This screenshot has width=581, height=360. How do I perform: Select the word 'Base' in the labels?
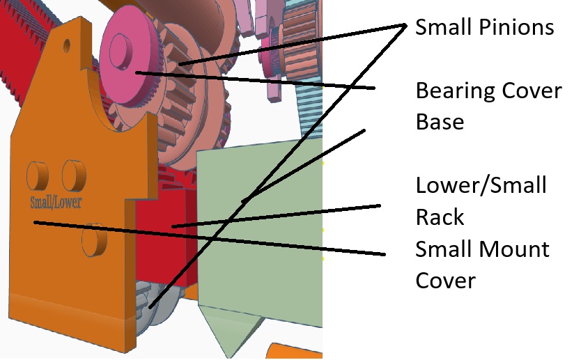(x=440, y=122)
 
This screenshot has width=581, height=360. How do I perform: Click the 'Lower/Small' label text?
(x=481, y=186)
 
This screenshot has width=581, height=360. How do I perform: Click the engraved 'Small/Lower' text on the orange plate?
(x=56, y=203)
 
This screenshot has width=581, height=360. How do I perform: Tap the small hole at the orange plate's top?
(x=66, y=46)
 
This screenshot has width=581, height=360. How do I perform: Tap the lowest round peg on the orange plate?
(x=93, y=240)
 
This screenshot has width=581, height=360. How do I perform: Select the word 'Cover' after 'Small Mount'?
(x=446, y=280)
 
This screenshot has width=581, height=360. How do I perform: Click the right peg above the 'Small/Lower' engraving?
(x=74, y=175)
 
